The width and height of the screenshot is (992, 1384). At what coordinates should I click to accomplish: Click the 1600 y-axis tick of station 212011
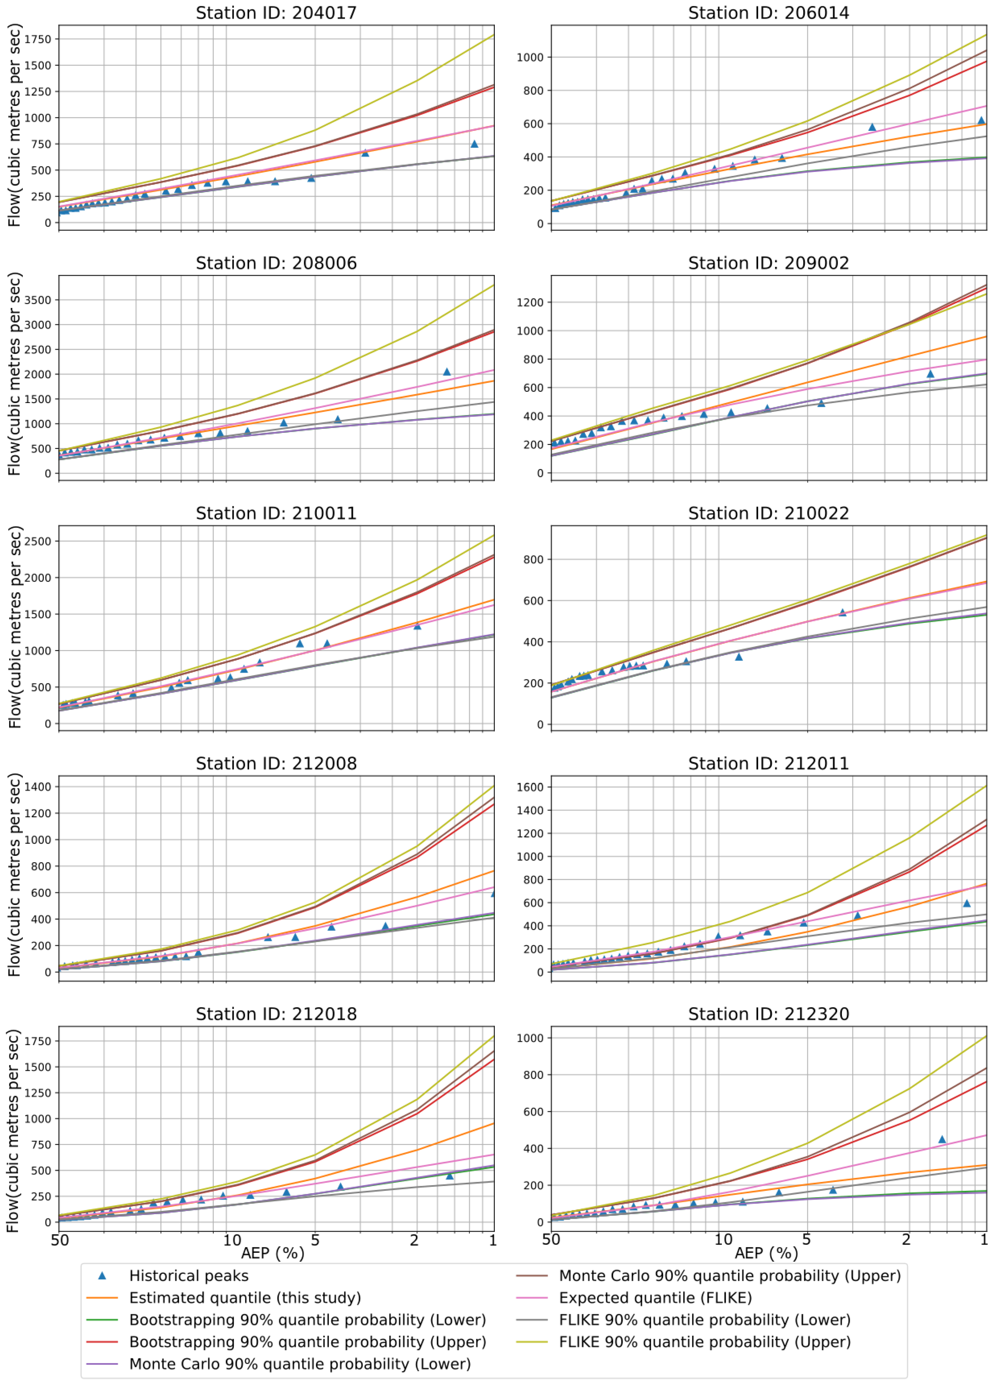coord(530,787)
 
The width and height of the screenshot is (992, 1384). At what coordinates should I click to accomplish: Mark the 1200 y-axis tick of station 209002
coord(530,303)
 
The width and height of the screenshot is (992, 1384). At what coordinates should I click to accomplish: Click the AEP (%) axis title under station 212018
coord(272,1253)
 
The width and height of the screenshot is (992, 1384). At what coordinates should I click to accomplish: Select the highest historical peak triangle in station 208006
coord(447,372)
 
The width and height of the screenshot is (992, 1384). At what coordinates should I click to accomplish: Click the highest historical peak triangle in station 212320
coord(941,1139)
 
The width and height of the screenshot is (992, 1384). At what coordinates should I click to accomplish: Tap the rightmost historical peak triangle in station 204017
coord(474,144)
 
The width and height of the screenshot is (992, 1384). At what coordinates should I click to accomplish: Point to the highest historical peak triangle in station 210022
coord(842,612)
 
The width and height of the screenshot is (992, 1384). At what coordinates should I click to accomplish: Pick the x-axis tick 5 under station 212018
coord(315,1240)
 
